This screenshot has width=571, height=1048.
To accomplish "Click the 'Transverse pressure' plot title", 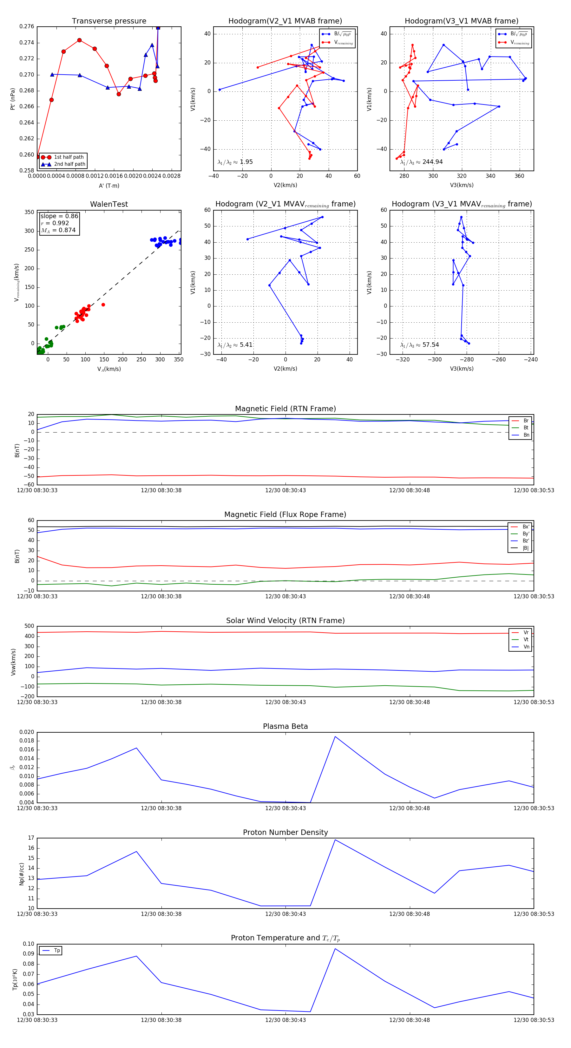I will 109,21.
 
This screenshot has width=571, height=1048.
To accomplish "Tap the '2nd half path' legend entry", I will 69,165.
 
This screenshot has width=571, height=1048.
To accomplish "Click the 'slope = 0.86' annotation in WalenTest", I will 59,216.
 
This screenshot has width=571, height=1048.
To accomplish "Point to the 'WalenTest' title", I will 109,204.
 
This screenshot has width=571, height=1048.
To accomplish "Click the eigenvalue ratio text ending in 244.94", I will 422,162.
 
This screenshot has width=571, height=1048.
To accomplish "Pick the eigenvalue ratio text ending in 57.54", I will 419,345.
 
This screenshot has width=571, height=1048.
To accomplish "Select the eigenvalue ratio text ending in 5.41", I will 235,345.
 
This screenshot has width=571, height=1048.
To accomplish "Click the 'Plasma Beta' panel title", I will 285,726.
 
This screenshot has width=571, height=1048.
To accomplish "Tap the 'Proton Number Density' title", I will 285,832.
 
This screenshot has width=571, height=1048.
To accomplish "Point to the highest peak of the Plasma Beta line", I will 335,736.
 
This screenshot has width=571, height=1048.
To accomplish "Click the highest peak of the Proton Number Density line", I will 335,840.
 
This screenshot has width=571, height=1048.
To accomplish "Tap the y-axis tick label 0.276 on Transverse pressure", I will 27,26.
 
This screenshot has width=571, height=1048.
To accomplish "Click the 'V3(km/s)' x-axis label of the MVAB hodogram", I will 461,185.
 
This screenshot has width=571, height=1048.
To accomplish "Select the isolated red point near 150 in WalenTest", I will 103,305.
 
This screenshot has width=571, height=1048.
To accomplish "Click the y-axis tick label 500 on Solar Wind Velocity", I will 29,626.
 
